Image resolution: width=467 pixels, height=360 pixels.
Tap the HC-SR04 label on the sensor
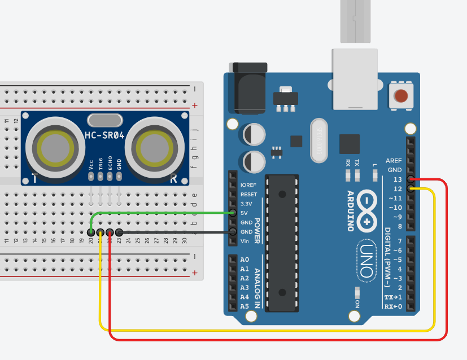point(104,135)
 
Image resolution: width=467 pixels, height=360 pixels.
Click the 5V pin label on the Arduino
point(245,213)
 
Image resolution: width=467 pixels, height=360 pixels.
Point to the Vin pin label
point(245,241)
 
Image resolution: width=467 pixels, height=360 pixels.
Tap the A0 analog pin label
point(245,260)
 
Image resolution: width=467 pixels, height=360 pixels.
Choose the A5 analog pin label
point(245,306)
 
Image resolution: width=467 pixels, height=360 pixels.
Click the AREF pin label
point(394,161)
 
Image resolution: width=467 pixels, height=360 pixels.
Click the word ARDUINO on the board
point(350,210)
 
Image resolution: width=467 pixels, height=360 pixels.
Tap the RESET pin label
point(248,194)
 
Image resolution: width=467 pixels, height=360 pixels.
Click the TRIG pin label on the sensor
point(101,163)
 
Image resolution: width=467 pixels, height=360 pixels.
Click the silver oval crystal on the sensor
point(104,120)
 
